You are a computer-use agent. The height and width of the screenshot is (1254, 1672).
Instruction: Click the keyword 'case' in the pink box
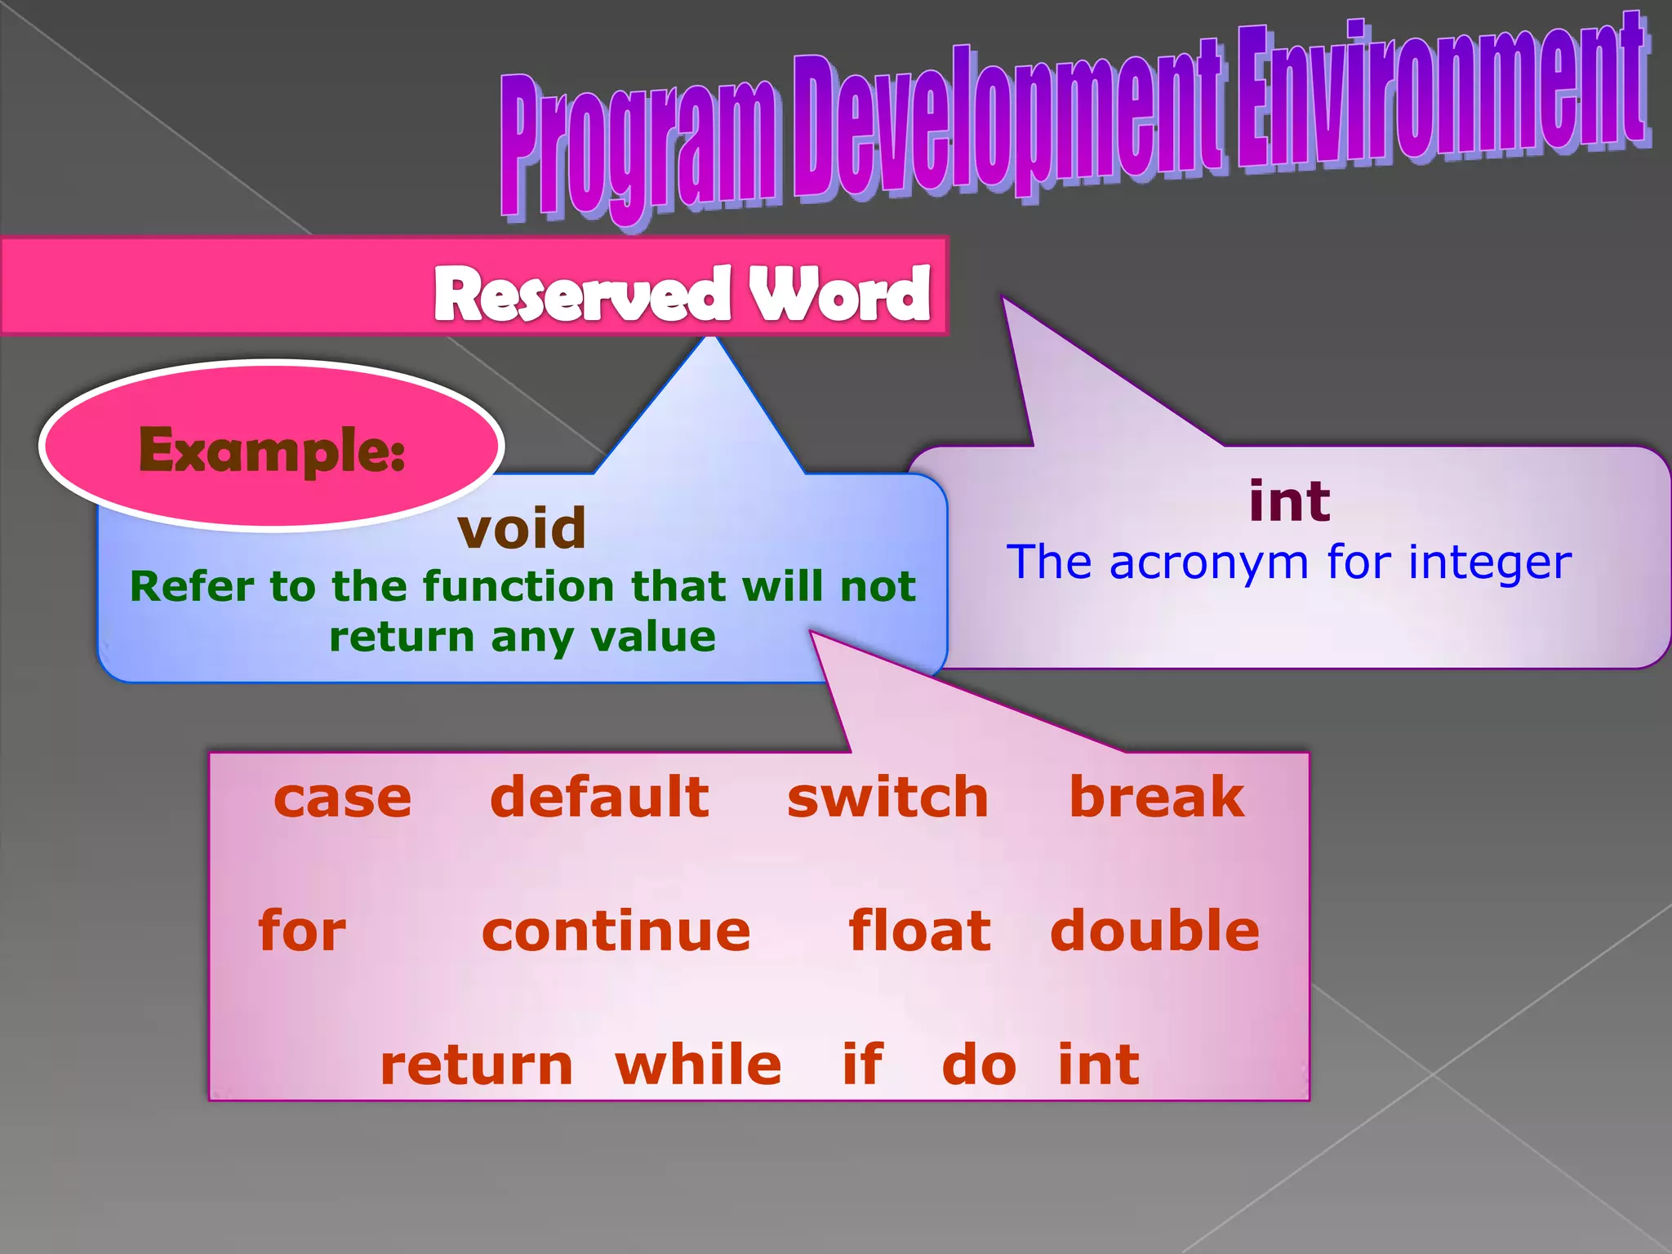pos(342,798)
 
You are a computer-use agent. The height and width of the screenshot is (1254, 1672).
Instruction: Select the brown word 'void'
pos(522,528)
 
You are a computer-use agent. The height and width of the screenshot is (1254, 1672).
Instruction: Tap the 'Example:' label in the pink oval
pos(272,450)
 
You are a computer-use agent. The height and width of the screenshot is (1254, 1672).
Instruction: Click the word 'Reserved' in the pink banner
pos(582,295)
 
